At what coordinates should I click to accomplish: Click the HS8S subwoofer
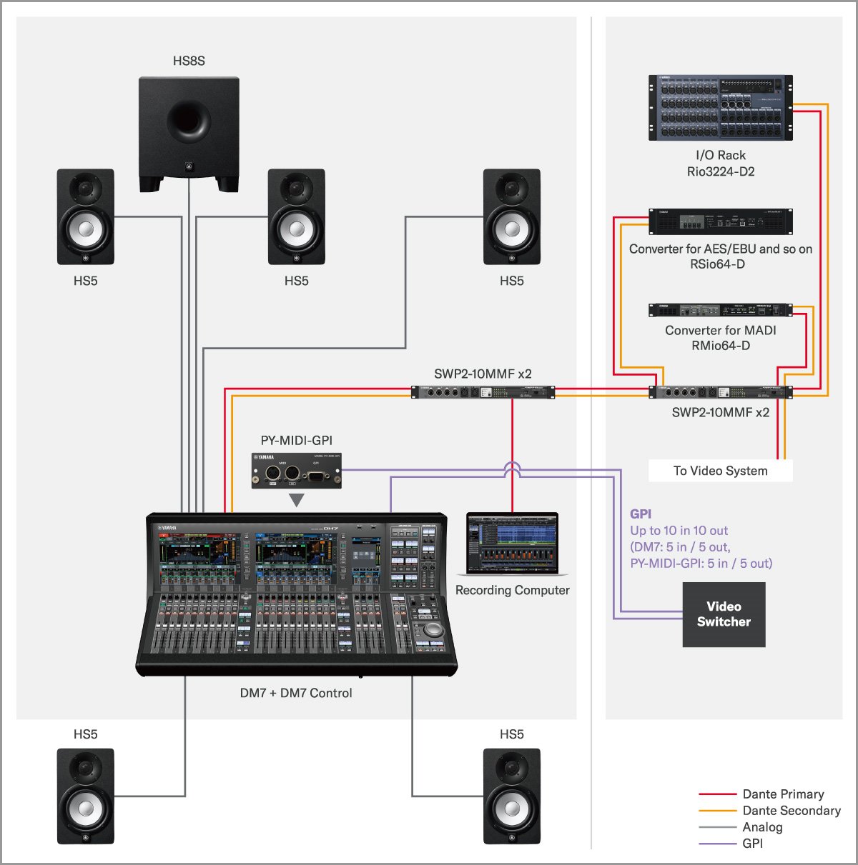(x=189, y=134)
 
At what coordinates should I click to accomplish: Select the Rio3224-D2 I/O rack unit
(x=721, y=107)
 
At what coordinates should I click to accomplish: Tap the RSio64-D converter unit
(x=721, y=221)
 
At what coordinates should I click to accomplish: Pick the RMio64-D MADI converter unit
(x=721, y=310)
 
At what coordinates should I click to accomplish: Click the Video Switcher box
(x=724, y=614)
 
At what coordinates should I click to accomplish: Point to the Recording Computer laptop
(x=512, y=544)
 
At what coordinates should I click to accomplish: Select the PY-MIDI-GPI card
(x=297, y=470)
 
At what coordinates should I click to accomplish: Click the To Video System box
(x=721, y=471)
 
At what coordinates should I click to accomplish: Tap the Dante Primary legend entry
(x=782, y=794)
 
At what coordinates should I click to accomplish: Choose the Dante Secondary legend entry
(x=791, y=810)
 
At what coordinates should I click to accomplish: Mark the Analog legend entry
(x=762, y=826)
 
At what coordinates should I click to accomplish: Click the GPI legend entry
(x=752, y=843)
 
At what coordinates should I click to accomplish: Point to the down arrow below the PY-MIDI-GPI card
(x=297, y=500)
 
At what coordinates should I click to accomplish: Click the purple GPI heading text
(x=641, y=514)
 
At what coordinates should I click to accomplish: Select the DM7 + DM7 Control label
(x=296, y=693)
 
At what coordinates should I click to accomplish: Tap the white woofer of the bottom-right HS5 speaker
(x=512, y=808)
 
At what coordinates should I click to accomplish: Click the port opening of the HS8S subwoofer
(x=189, y=119)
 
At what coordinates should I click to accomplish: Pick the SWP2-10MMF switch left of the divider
(x=483, y=392)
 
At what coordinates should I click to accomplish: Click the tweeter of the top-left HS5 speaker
(x=86, y=190)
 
